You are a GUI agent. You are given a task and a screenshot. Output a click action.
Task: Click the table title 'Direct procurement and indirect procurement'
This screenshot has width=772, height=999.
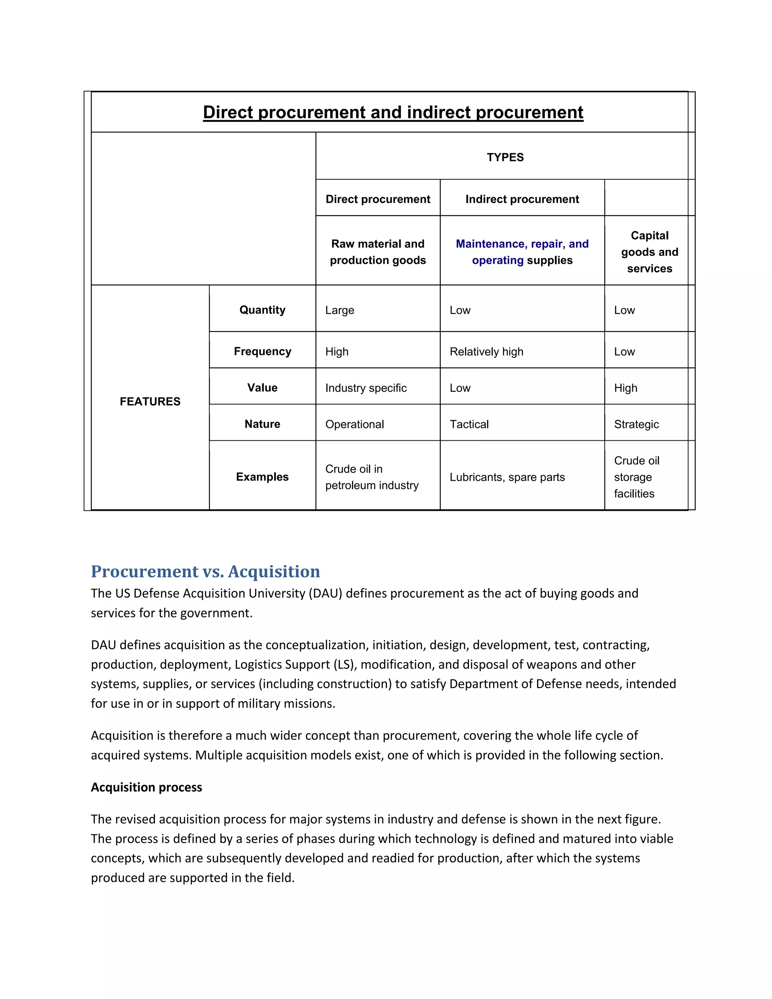(x=393, y=112)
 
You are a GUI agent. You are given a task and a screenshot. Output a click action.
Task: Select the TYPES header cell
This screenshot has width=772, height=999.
(x=505, y=157)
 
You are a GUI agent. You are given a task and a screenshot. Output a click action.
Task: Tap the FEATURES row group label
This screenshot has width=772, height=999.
(x=150, y=401)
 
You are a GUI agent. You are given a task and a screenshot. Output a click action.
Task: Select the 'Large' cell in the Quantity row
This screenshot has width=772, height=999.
(x=340, y=310)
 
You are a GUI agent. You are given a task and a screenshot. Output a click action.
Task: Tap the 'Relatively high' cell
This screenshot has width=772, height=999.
(x=486, y=351)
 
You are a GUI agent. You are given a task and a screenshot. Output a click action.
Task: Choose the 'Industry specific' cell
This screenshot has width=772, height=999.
(x=366, y=388)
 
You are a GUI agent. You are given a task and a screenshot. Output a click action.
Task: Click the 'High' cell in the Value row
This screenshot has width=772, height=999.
(x=625, y=388)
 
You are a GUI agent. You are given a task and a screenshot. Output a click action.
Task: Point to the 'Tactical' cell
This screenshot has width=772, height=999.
(x=469, y=424)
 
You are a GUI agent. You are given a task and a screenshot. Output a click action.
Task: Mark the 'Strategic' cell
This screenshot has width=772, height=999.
(x=636, y=424)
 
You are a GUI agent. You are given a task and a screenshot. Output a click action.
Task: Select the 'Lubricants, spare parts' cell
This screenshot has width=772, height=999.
(x=507, y=477)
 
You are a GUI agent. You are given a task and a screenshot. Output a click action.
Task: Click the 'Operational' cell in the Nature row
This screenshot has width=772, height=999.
(x=354, y=424)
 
